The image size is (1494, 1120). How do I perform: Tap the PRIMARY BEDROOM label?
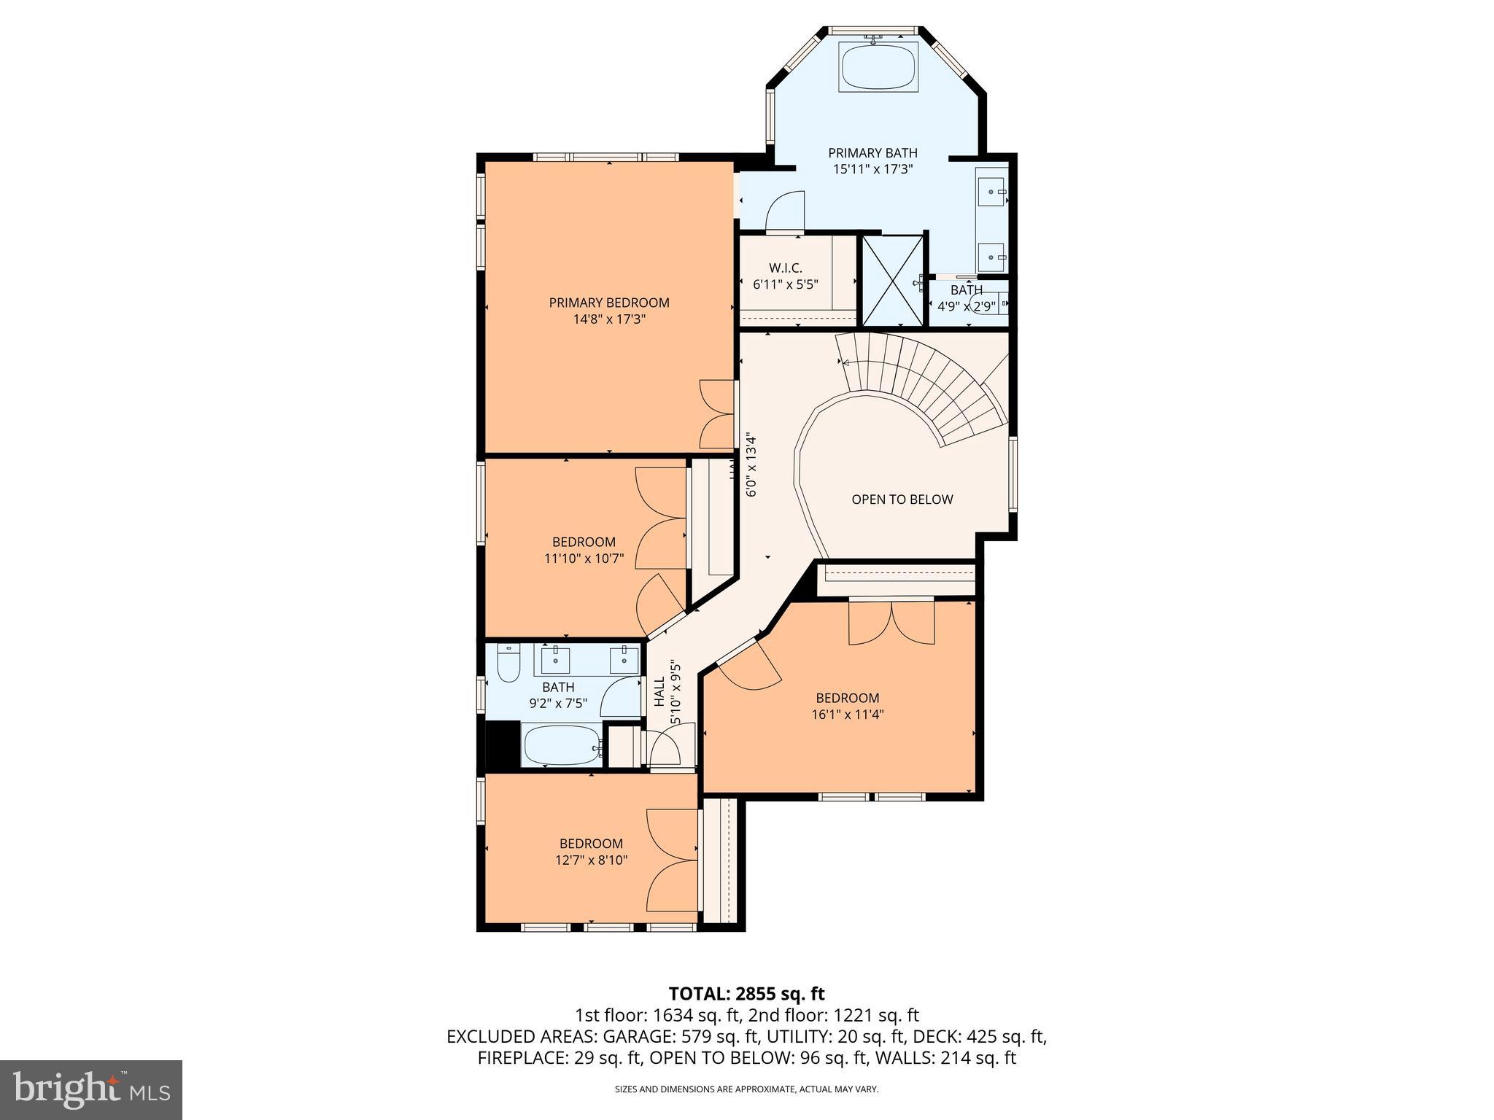[x=609, y=303]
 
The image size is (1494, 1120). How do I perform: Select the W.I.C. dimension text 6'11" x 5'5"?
[x=786, y=284]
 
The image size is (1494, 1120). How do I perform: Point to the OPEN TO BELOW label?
[x=902, y=499]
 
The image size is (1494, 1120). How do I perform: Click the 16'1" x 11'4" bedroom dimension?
[x=848, y=715]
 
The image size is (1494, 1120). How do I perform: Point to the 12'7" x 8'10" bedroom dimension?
[x=591, y=860]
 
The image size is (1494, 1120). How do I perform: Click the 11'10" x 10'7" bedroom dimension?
[x=584, y=559]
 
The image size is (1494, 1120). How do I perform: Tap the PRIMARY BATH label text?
[x=872, y=153]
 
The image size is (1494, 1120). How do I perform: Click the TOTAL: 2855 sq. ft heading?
[x=746, y=993]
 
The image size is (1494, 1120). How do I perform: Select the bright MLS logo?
[x=91, y=1090]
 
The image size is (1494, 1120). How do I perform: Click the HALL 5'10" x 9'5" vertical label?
[x=667, y=693]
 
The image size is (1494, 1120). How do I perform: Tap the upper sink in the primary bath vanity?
[x=992, y=192]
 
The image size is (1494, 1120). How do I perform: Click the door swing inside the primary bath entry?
[x=786, y=211]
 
